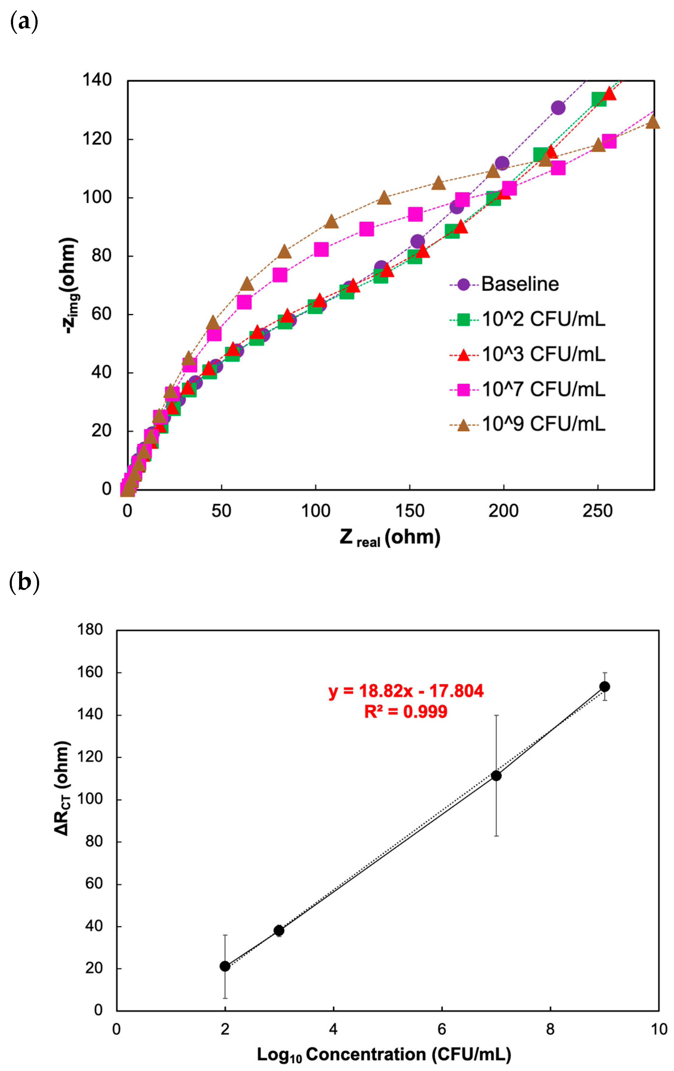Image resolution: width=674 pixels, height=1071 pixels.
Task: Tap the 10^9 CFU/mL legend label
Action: tap(543, 424)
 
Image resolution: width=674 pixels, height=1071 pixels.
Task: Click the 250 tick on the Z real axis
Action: tap(597, 511)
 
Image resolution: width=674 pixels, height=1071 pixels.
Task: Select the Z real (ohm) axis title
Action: tap(390, 537)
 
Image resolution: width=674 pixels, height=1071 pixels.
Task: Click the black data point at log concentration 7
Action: tap(496, 776)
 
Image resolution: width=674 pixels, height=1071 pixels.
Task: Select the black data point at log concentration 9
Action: tap(604, 687)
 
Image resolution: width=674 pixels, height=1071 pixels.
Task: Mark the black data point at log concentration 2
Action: tap(225, 966)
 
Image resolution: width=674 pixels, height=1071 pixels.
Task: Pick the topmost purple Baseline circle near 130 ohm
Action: tap(558, 108)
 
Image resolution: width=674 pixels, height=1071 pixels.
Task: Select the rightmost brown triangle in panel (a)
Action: tap(652, 121)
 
